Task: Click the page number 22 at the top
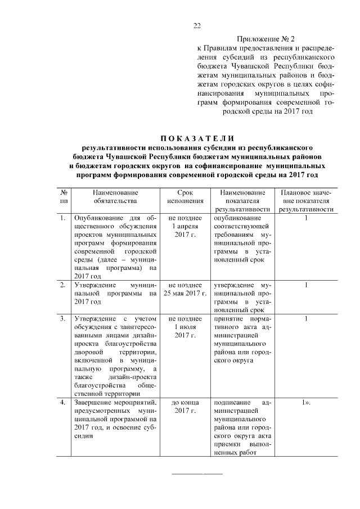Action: (197, 26)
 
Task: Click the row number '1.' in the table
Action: (63, 218)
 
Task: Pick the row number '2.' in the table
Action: (63, 286)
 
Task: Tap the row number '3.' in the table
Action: (63, 319)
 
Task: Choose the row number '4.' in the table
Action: (63, 403)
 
